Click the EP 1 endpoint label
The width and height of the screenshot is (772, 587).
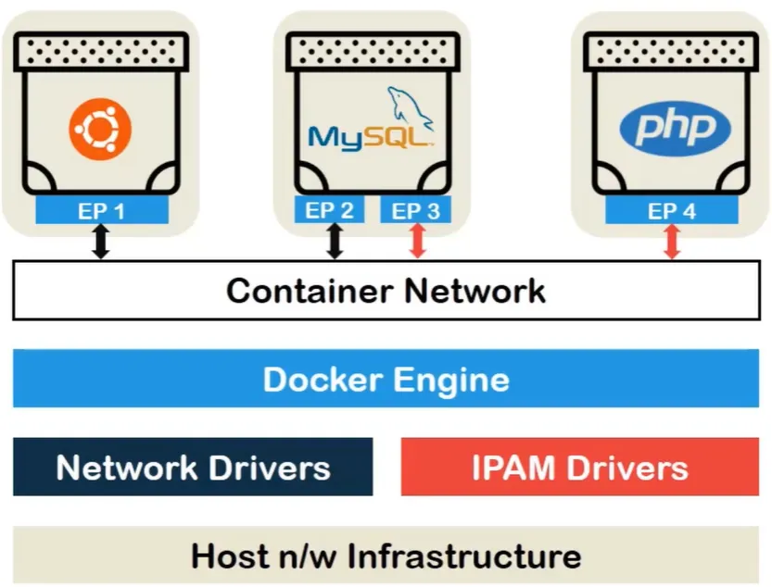[102, 210]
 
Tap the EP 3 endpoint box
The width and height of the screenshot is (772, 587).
[416, 210]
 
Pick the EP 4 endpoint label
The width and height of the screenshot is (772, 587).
[672, 210]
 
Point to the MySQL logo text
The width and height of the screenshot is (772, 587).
[370, 137]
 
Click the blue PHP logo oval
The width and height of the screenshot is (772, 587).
[668, 127]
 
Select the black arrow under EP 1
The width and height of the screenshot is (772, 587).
[101, 243]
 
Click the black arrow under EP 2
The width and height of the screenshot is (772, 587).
[335, 243]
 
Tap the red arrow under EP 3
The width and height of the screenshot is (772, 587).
[417, 243]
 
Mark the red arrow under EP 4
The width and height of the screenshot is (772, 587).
[672, 243]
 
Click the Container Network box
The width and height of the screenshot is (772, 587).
[386, 291]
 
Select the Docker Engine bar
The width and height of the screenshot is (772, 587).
[386, 380]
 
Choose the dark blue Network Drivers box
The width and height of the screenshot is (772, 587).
[193, 467]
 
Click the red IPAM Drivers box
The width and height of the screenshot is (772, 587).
[579, 467]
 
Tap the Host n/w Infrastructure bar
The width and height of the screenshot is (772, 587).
[386, 556]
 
